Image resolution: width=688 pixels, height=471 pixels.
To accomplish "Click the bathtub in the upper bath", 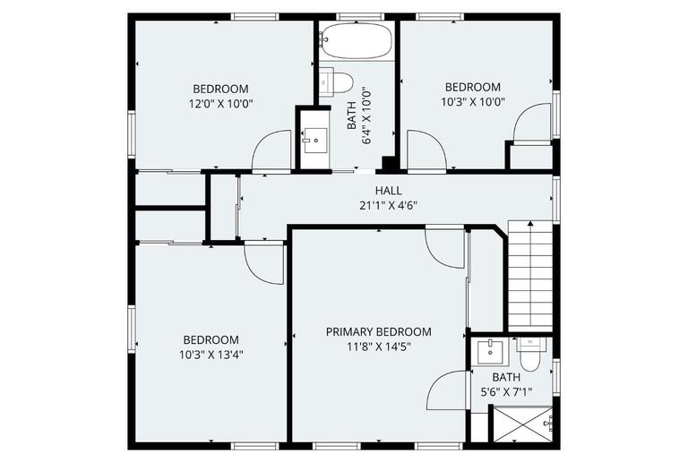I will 357,40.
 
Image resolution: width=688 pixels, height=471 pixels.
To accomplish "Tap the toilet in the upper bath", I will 338,81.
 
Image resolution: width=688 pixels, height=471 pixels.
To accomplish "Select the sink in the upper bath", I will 314,139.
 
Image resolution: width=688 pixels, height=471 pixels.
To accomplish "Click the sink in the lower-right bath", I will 490,351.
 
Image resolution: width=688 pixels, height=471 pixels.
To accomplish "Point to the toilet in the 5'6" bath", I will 529,356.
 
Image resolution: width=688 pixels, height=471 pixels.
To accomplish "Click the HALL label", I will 389,191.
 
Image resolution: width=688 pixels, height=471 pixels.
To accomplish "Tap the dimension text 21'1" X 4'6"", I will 389,205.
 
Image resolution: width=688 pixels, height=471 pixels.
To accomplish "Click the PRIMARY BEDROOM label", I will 378,331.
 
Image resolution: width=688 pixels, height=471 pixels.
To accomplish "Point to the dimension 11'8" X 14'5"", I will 378,346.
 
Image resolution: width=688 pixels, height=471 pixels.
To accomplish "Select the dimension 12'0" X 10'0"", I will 220,103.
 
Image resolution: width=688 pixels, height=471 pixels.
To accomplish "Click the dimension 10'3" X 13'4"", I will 211,354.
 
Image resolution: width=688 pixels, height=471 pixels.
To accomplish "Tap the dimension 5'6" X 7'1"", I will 505,391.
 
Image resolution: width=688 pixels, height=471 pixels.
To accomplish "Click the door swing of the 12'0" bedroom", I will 272,150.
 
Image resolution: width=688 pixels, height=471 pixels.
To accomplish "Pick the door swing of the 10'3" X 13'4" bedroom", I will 263,262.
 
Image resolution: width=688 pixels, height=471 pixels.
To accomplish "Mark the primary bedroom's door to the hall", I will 444,245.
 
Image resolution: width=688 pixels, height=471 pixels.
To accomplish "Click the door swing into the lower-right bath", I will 448,390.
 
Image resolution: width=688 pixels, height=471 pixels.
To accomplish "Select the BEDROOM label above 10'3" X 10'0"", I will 472,87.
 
